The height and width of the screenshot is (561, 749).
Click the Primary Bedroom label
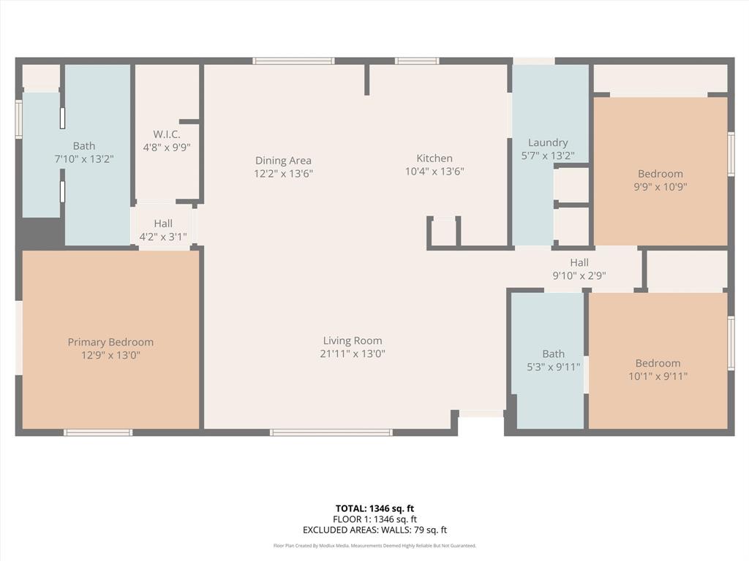pos(110,342)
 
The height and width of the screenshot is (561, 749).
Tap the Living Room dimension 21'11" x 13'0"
pos(353,354)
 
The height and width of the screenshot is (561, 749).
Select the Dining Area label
pos(283,161)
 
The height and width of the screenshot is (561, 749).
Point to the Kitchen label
pos(434,159)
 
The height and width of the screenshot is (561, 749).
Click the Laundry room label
pos(547,142)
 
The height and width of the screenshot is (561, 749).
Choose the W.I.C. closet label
pos(167,134)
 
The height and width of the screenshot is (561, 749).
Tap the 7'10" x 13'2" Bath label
pos(84,159)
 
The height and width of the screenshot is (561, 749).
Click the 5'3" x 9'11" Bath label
pos(553,367)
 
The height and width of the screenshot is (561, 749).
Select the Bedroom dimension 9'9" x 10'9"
pos(660,187)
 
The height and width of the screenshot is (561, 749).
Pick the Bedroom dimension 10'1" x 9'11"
pos(658,376)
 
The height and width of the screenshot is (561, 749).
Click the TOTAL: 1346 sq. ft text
pos(374,508)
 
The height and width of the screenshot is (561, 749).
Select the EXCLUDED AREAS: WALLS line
pos(374,530)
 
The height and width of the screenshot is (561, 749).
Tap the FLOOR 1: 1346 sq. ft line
pos(374,519)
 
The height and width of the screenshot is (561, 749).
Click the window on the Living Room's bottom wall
pos(331,432)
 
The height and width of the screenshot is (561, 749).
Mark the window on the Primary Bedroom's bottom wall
pos(98,432)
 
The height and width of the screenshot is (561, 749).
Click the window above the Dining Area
pos(293,61)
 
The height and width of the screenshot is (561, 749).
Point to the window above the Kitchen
pos(417,61)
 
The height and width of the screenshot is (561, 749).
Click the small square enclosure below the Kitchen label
pos(444,232)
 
